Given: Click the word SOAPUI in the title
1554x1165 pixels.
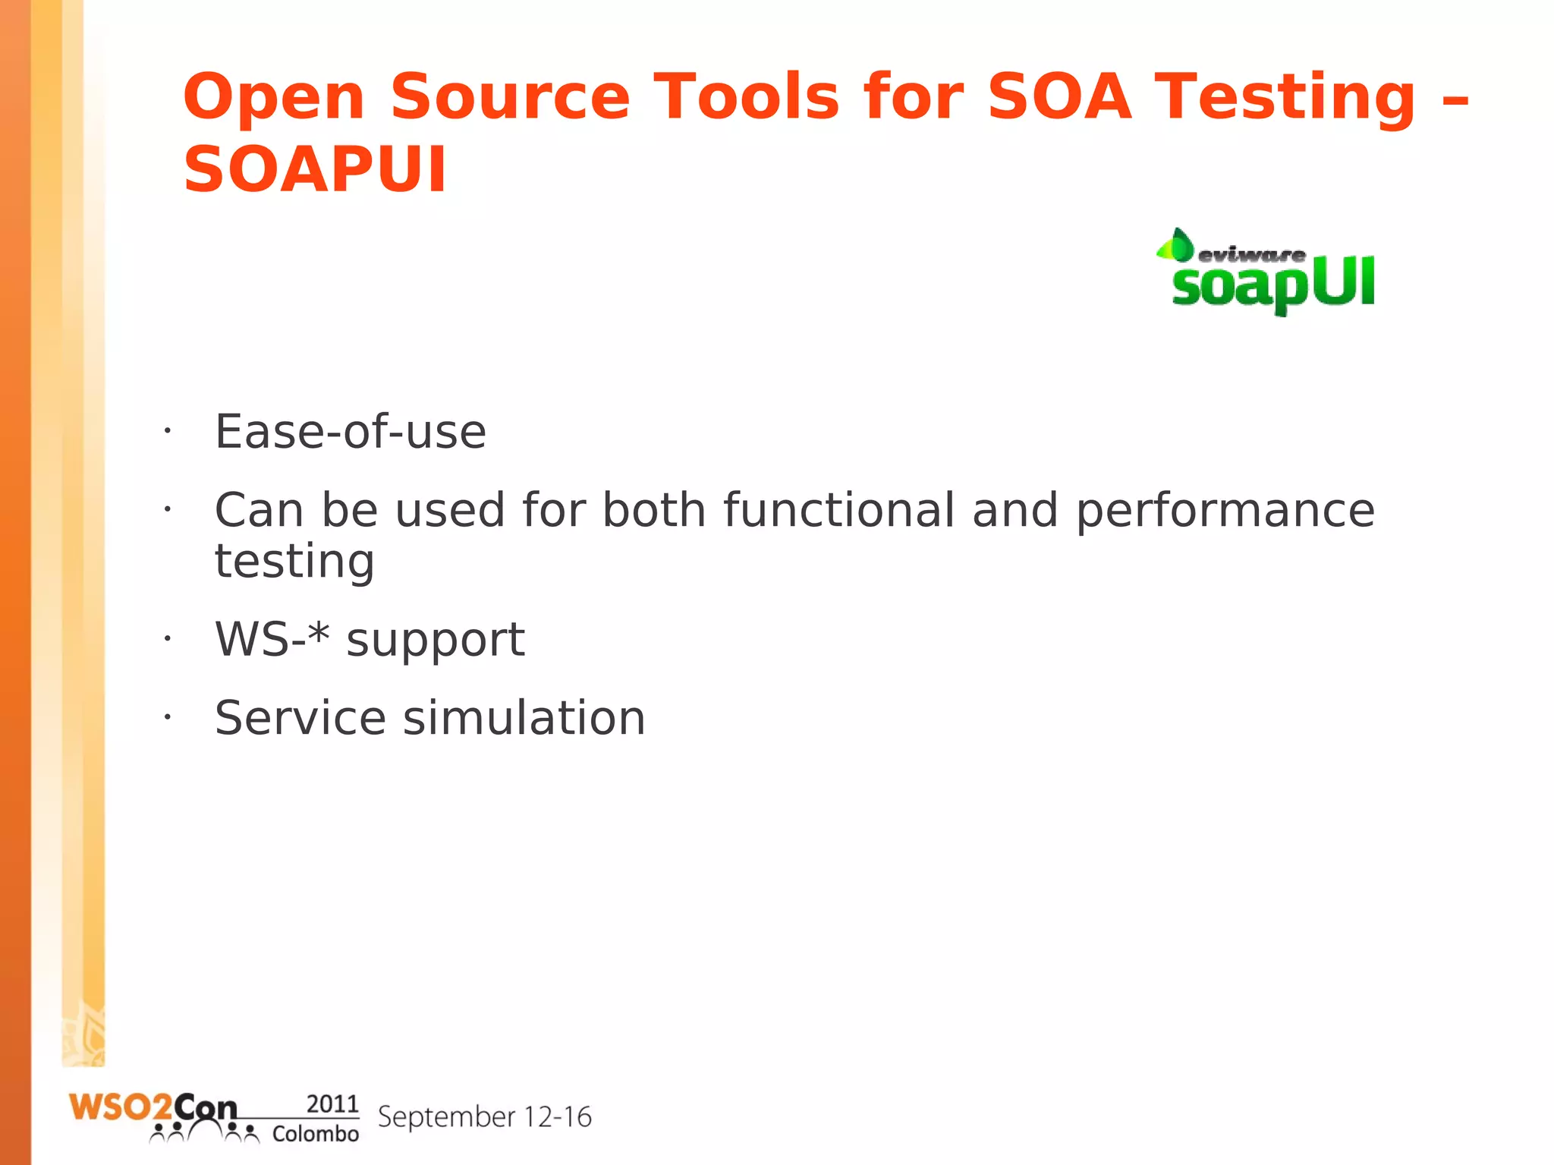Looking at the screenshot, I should (x=315, y=169).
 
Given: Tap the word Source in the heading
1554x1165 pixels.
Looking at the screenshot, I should (x=510, y=96).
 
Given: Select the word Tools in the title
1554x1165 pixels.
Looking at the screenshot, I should (x=747, y=96).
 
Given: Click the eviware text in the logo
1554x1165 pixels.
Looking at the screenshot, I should (x=1251, y=255).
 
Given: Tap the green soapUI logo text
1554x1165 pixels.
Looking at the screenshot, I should (x=1272, y=285).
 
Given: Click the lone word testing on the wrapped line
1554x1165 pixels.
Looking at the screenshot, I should (x=294, y=562).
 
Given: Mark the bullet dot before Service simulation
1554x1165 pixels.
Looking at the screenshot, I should (x=167, y=716).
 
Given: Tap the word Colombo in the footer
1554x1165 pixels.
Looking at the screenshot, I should (x=315, y=1133).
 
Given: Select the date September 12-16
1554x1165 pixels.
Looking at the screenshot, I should (x=484, y=1116).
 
